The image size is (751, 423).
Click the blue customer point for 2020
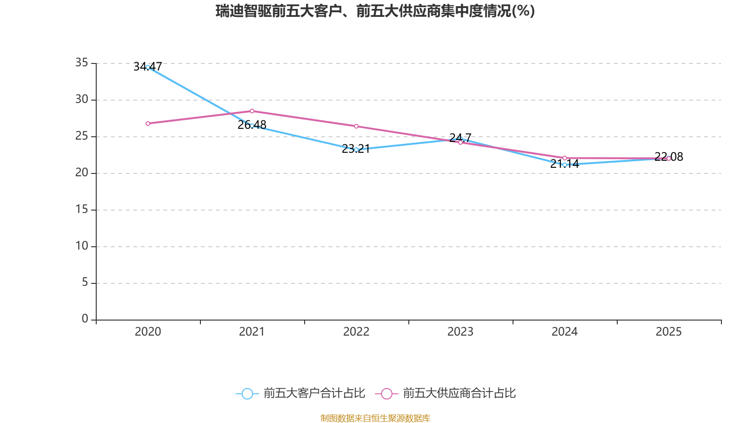148,67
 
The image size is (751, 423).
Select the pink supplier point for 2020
148,124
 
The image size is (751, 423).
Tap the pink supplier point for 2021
252,111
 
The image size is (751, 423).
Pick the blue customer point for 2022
356,149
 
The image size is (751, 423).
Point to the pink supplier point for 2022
356,126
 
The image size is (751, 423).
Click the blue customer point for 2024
564,165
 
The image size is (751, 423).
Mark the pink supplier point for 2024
564,158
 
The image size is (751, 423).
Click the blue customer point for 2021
252,125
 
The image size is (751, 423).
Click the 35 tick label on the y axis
82,63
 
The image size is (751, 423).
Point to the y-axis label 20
82,172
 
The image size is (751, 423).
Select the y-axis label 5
85,282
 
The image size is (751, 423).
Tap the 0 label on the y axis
85,319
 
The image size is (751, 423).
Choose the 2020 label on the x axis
148,332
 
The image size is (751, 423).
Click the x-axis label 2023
460,332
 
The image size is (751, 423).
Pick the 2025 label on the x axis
668,332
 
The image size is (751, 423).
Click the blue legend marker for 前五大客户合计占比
247,393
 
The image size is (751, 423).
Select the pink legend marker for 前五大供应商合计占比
386,393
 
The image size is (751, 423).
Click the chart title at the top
375,11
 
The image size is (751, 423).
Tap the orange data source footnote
375,418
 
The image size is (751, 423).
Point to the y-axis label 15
82,209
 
